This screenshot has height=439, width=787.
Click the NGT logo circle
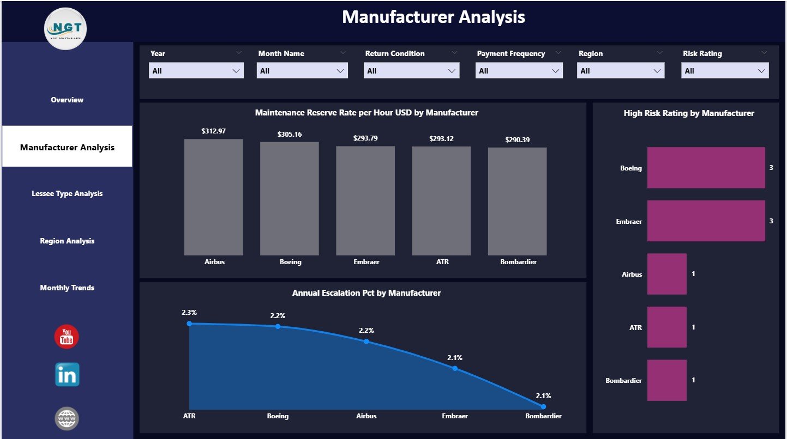pos(65,28)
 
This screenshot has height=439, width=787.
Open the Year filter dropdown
pos(196,71)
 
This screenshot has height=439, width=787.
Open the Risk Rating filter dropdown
pos(725,71)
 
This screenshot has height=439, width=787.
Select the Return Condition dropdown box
pos(412,71)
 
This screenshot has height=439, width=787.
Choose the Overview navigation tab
pos(67,100)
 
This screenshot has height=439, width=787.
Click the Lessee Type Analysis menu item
pos(67,193)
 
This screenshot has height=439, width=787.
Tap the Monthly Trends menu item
pos(67,288)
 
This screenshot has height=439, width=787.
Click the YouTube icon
pos(67,336)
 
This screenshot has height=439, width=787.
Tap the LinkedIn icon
pos(67,375)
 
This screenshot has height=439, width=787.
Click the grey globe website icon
pos(67,418)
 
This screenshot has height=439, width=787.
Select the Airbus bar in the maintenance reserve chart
pos(213,197)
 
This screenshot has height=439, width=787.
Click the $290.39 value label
pos(516,140)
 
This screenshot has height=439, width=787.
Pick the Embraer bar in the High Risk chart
pos(706,221)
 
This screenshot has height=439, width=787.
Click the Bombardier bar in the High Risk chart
pos(666,380)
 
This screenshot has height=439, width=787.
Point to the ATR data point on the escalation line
pos(189,324)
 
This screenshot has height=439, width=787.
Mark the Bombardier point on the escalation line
pos(543,406)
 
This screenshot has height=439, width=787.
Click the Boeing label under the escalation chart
pos(278,416)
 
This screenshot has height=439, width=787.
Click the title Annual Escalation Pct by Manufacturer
pos(367,293)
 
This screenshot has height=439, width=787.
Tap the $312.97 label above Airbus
pos(213,131)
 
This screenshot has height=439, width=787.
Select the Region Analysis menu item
pos(67,241)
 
